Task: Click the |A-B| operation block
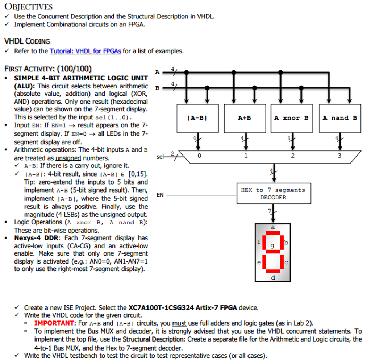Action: pos(197,118)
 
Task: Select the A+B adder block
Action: pos(245,118)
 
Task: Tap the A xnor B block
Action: pos(292,118)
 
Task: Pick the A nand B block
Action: pos(339,118)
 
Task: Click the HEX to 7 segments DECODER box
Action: pos(274,194)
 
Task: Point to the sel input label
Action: pos(160,157)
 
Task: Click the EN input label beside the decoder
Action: pos(160,195)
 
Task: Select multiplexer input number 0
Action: pos(199,156)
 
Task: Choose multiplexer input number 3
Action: pos(339,156)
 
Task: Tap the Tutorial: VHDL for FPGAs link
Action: pos(85,51)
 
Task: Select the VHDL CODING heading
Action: pos(27,41)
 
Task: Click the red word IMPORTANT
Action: pos(54,323)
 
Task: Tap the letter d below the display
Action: pos(273,277)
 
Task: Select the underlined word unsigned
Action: pos(68,158)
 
